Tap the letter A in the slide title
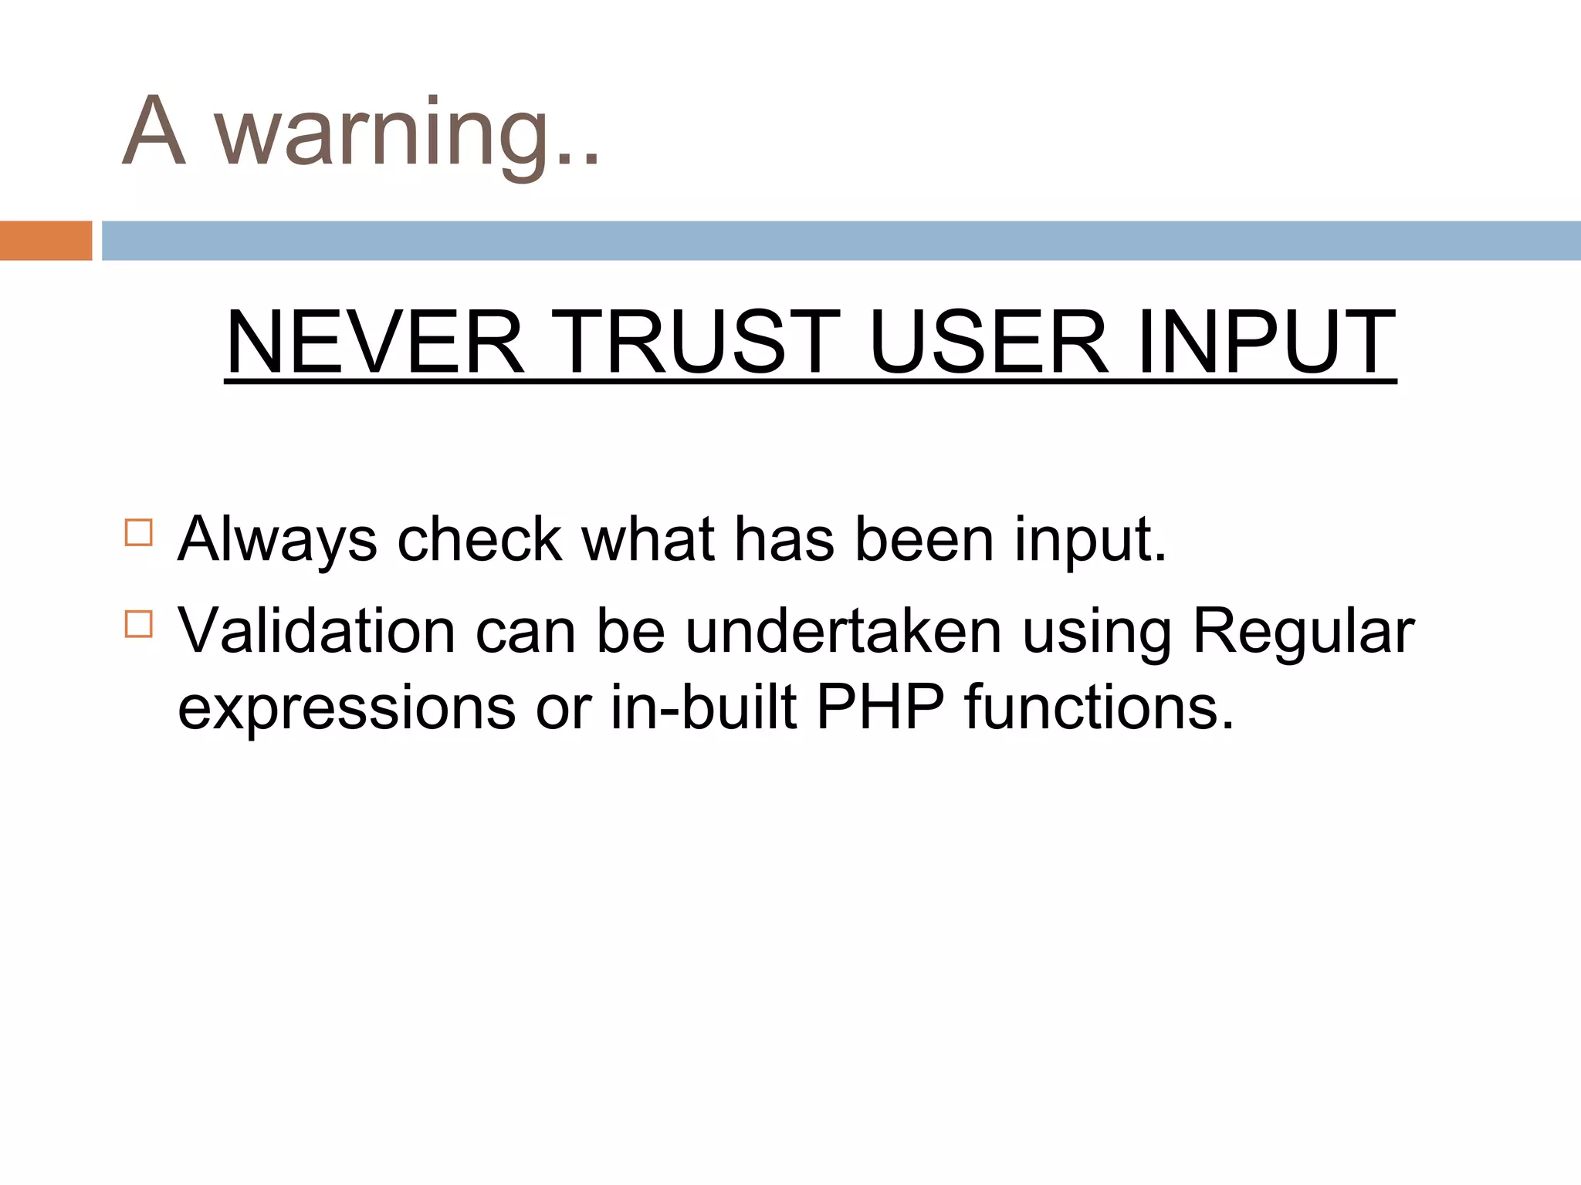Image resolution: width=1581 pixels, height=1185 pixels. (x=154, y=131)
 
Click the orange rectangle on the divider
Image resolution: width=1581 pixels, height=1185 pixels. (x=46, y=241)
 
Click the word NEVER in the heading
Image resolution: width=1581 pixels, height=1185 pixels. (x=375, y=342)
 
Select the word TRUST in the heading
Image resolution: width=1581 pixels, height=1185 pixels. (x=695, y=342)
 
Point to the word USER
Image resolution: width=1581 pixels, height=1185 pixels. (x=989, y=342)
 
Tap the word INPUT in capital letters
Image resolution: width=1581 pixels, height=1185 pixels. (x=1266, y=342)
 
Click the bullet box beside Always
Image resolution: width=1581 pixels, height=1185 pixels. (x=139, y=533)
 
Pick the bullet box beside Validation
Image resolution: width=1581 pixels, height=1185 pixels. (x=139, y=624)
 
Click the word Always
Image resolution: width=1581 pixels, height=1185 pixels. (x=277, y=540)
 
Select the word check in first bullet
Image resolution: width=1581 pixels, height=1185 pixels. (x=479, y=540)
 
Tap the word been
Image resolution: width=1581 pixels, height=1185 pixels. (x=924, y=540)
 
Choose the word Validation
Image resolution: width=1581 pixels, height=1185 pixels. (x=317, y=632)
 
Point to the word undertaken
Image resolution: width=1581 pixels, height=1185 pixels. (x=844, y=632)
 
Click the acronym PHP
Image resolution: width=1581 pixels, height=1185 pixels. (x=881, y=707)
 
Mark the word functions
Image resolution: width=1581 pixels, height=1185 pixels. (x=1099, y=707)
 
